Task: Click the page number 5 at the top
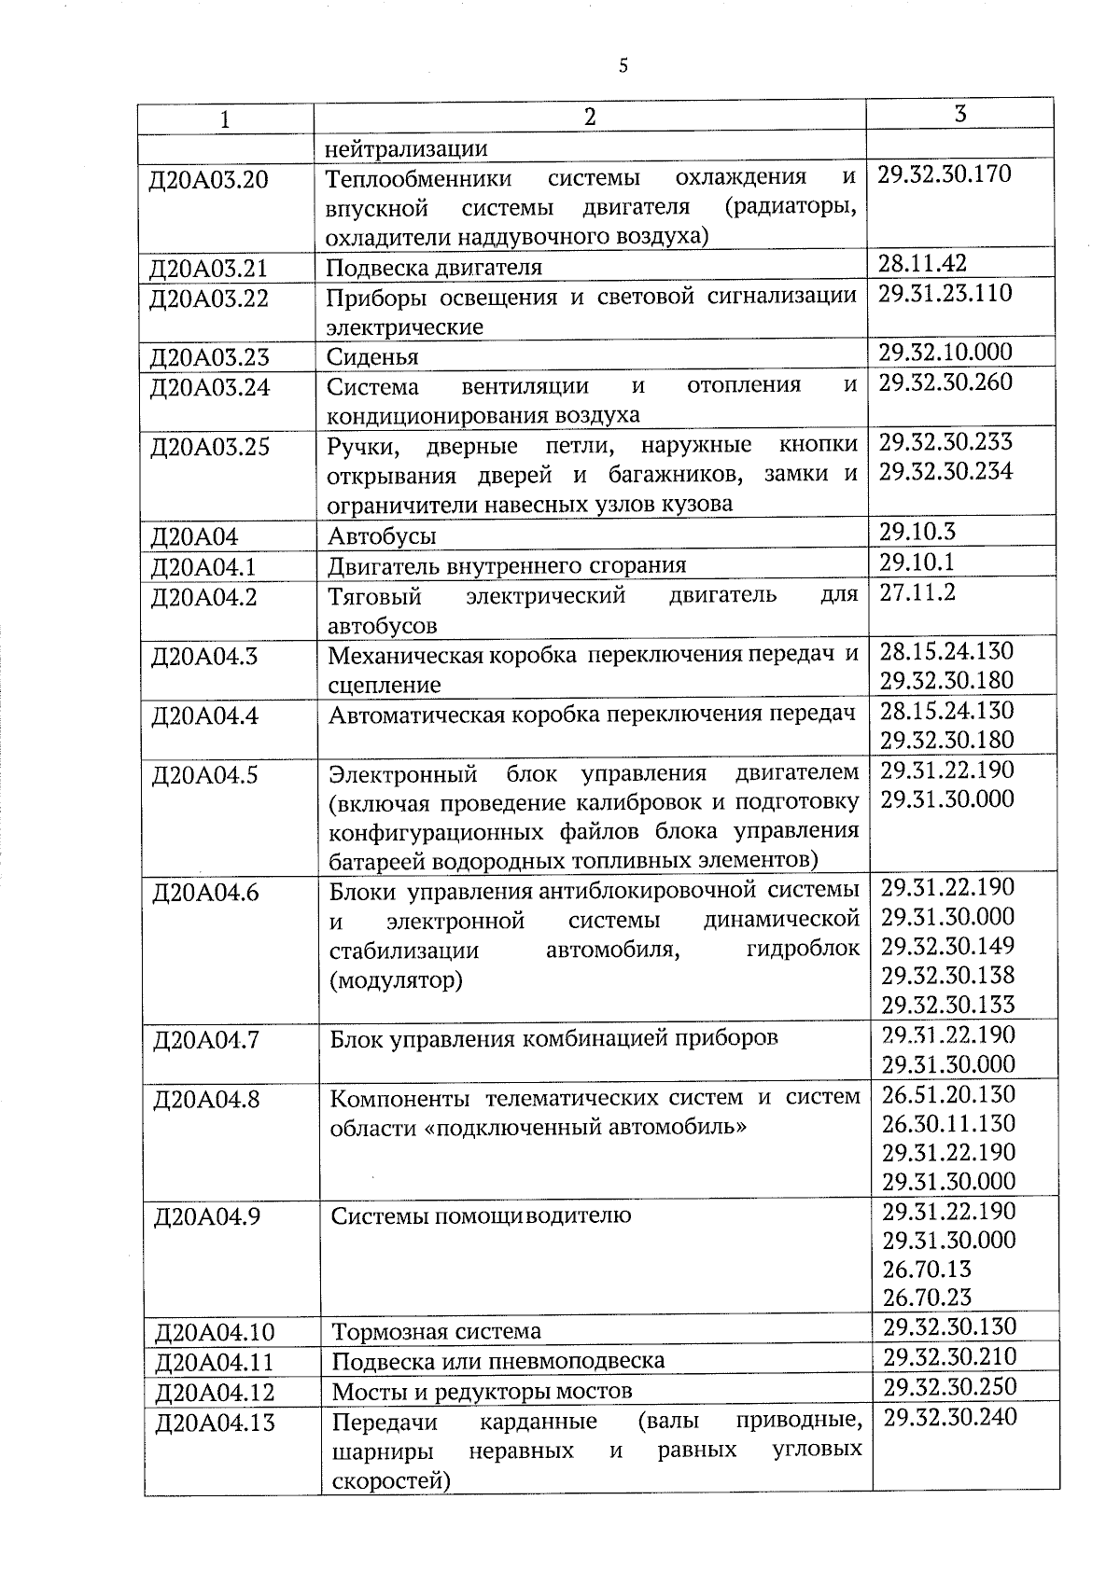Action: pos(623,65)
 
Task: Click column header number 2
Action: pos(589,117)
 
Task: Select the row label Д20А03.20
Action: pos(209,179)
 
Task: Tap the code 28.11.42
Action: pos(922,263)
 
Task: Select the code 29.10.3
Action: pos(917,532)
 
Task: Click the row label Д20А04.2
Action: pos(203,596)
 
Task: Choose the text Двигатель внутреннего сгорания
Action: pos(507,565)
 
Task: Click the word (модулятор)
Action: pos(396,980)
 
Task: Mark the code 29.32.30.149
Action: pos(947,946)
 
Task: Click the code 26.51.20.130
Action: pos(948,1093)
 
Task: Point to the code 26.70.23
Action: pos(927,1297)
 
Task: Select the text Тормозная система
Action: pos(437,1331)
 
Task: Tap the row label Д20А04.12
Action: pos(215,1392)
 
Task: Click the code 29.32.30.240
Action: pos(950,1417)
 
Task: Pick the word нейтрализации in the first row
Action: pos(406,148)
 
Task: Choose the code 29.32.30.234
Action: pos(945,471)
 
